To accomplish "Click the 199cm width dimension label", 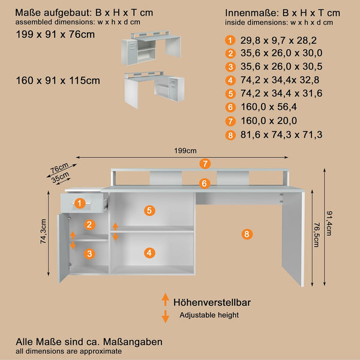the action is (x=185, y=151).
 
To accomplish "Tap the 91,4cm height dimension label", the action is (x=329, y=223).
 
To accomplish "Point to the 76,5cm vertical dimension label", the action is (x=317, y=235).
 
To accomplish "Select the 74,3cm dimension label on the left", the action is (x=43, y=231).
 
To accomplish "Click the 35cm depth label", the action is (x=61, y=177).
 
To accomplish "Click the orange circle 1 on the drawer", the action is (x=80, y=203).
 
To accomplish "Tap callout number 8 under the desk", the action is (x=247, y=234).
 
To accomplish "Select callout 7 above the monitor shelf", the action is (x=205, y=164).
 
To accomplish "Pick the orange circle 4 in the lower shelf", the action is (x=149, y=253).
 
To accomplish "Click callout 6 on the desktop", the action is (x=205, y=184).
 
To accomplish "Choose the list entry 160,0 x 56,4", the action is (x=268, y=107).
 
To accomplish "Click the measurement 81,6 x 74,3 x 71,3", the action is (x=281, y=135).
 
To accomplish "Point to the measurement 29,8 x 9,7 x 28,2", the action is (x=278, y=40).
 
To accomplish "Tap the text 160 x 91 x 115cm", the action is (x=58, y=80).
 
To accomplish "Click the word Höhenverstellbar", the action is (x=212, y=302).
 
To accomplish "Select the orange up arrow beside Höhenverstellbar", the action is (x=166, y=299).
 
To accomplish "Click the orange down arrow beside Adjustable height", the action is (x=166, y=317).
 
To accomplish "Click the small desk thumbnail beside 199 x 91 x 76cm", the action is (x=151, y=48).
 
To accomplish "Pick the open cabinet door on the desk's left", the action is (x=64, y=248).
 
